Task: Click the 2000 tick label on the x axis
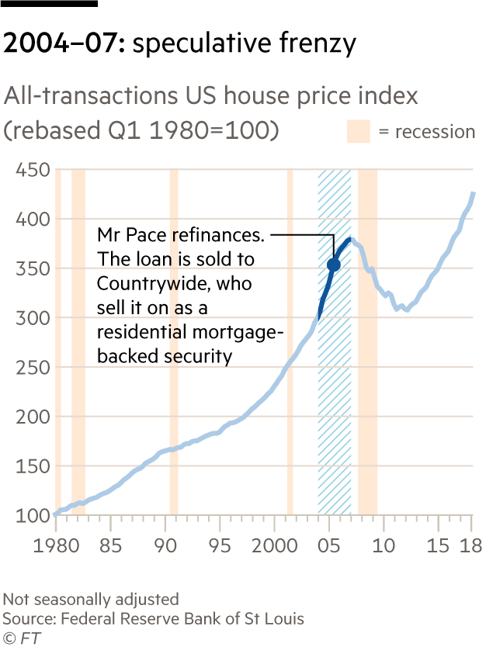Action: point(274,545)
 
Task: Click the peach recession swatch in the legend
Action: point(359,131)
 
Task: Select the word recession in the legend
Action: point(435,132)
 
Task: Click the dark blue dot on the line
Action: point(333,265)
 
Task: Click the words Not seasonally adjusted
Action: point(90,599)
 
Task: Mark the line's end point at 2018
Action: point(473,192)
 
